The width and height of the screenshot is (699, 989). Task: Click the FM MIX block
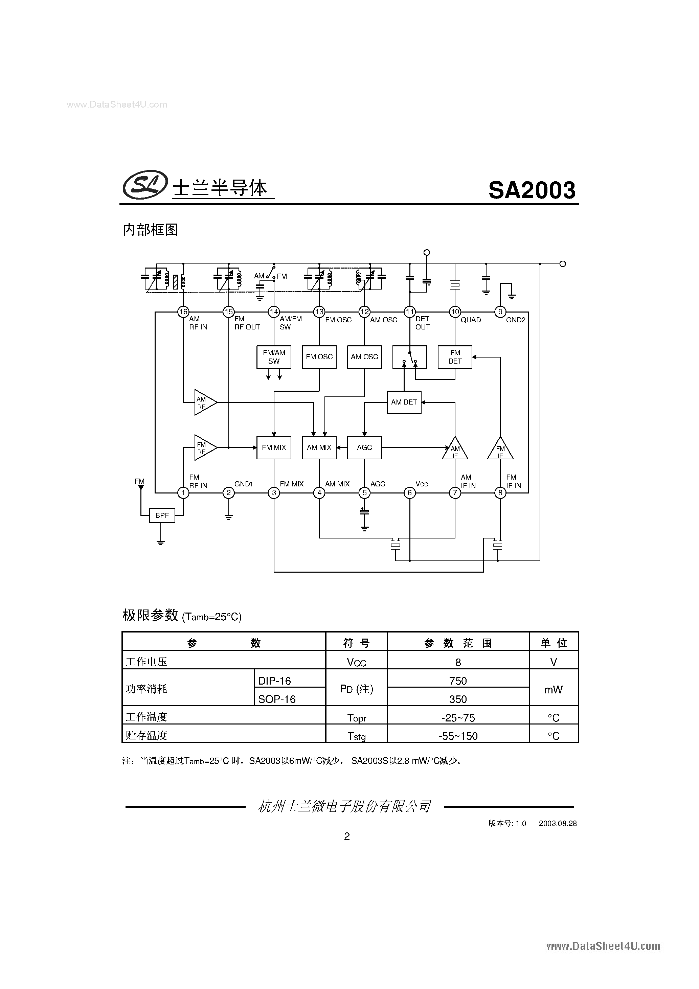274,447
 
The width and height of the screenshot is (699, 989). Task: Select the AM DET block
404,402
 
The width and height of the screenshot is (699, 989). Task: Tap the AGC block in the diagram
364,447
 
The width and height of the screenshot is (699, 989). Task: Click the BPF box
162,515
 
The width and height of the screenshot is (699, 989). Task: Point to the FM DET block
455,357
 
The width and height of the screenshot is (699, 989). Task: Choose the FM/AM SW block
274,357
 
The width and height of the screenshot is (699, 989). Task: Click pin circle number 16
183,312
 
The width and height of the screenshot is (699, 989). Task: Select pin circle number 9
500,312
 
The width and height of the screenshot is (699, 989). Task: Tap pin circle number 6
409,493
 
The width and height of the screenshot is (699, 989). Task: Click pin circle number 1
183,493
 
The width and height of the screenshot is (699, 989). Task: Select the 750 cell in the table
458,681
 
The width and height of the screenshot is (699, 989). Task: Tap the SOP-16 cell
277,699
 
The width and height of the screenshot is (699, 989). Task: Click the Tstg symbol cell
356,736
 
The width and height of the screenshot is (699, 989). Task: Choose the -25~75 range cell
458,718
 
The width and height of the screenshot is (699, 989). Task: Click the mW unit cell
553,690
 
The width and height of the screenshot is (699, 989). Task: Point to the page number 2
347,836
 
